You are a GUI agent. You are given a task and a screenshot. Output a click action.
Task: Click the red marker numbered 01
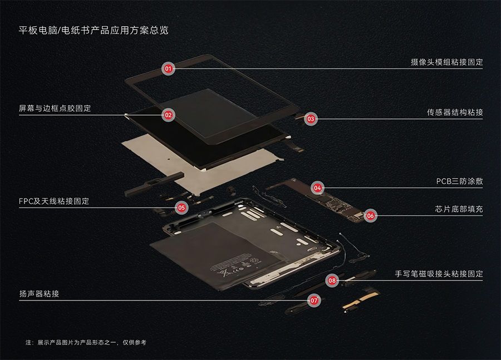coord(168,68)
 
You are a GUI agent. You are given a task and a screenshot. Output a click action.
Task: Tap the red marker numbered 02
coord(168,115)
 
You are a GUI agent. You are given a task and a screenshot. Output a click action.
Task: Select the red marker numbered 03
coord(311,119)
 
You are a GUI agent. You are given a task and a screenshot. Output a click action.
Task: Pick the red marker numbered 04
coord(317,188)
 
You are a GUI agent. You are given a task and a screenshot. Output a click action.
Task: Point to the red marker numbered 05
coord(181,208)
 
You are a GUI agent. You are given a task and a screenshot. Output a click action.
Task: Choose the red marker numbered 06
coord(370,216)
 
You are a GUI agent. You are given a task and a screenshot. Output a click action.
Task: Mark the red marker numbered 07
coord(314,300)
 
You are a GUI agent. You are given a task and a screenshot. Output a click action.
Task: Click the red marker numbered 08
coord(332,280)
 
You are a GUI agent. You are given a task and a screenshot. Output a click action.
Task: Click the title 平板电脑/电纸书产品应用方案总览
coord(94,31)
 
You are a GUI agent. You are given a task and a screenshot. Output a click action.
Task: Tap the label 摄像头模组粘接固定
coord(446,62)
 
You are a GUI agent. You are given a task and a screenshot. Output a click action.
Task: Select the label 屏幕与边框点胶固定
coord(55,109)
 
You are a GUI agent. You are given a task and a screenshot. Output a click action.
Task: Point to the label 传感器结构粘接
coord(455,112)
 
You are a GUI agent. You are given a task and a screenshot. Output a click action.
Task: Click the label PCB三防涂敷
coord(459,181)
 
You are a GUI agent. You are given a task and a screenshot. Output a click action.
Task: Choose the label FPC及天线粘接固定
coord(54,201)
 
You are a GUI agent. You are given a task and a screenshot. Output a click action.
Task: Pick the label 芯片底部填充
coord(459,209)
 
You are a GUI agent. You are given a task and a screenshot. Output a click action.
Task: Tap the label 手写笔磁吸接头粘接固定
coord(439,274)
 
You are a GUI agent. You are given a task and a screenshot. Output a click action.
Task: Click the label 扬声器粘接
coord(39,294)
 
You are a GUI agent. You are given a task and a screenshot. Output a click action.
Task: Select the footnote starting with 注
coord(86,342)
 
